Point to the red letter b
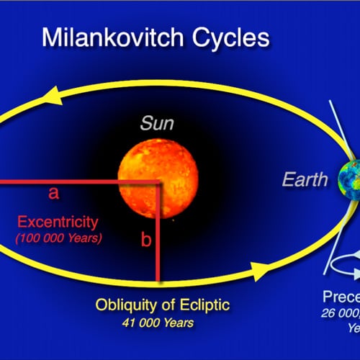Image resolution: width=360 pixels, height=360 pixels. pyautogui.click(x=145, y=240)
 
